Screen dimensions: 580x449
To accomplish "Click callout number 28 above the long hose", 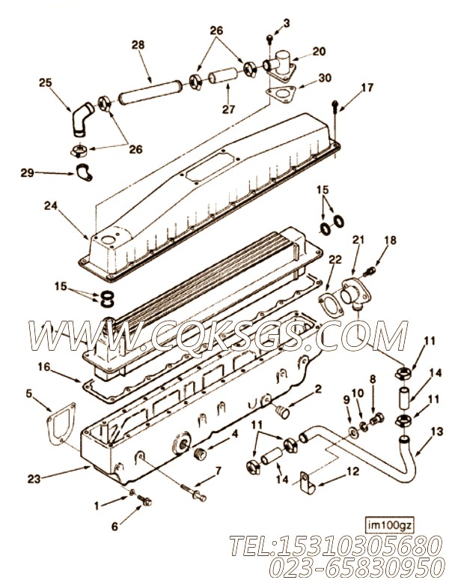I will pos(138,46).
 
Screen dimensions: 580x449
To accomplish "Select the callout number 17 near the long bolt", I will pos(367,88).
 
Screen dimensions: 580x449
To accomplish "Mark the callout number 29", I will pos(27,173).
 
